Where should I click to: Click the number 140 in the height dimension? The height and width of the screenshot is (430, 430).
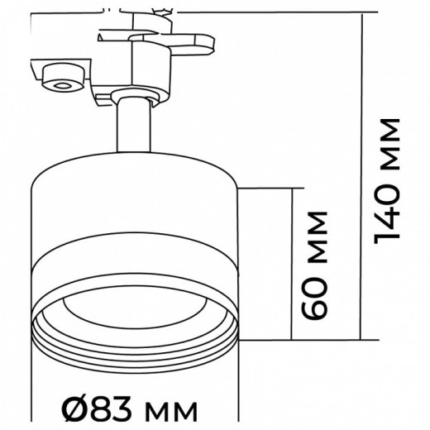(386, 210)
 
